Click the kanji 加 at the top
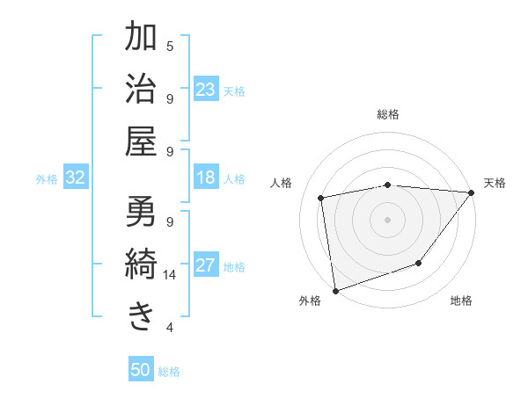[x=142, y=38]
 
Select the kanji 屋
[x=142, y=141]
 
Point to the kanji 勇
[x=142, y=213]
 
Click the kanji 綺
[x=142, y=264]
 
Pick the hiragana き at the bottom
[x=142, y=315]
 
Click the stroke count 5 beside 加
[x=170, y=46]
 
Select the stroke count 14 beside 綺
[x=170, y=275]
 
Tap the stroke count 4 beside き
[x=170, y=328]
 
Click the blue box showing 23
[x=206, y=89]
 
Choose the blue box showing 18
[x=206, y=178]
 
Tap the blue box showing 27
[x=206, y=265]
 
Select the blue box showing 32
[x=76, y=178]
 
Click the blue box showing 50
[x=141, y=370]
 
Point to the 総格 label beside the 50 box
[x=169, y=372]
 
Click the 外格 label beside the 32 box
[x=47, y=179]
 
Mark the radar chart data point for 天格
[x=471, y=192]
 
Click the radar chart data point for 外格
[x=335, y=290]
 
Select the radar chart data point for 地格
[x=419, y=263]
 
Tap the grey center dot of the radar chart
[x=387, y=219]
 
